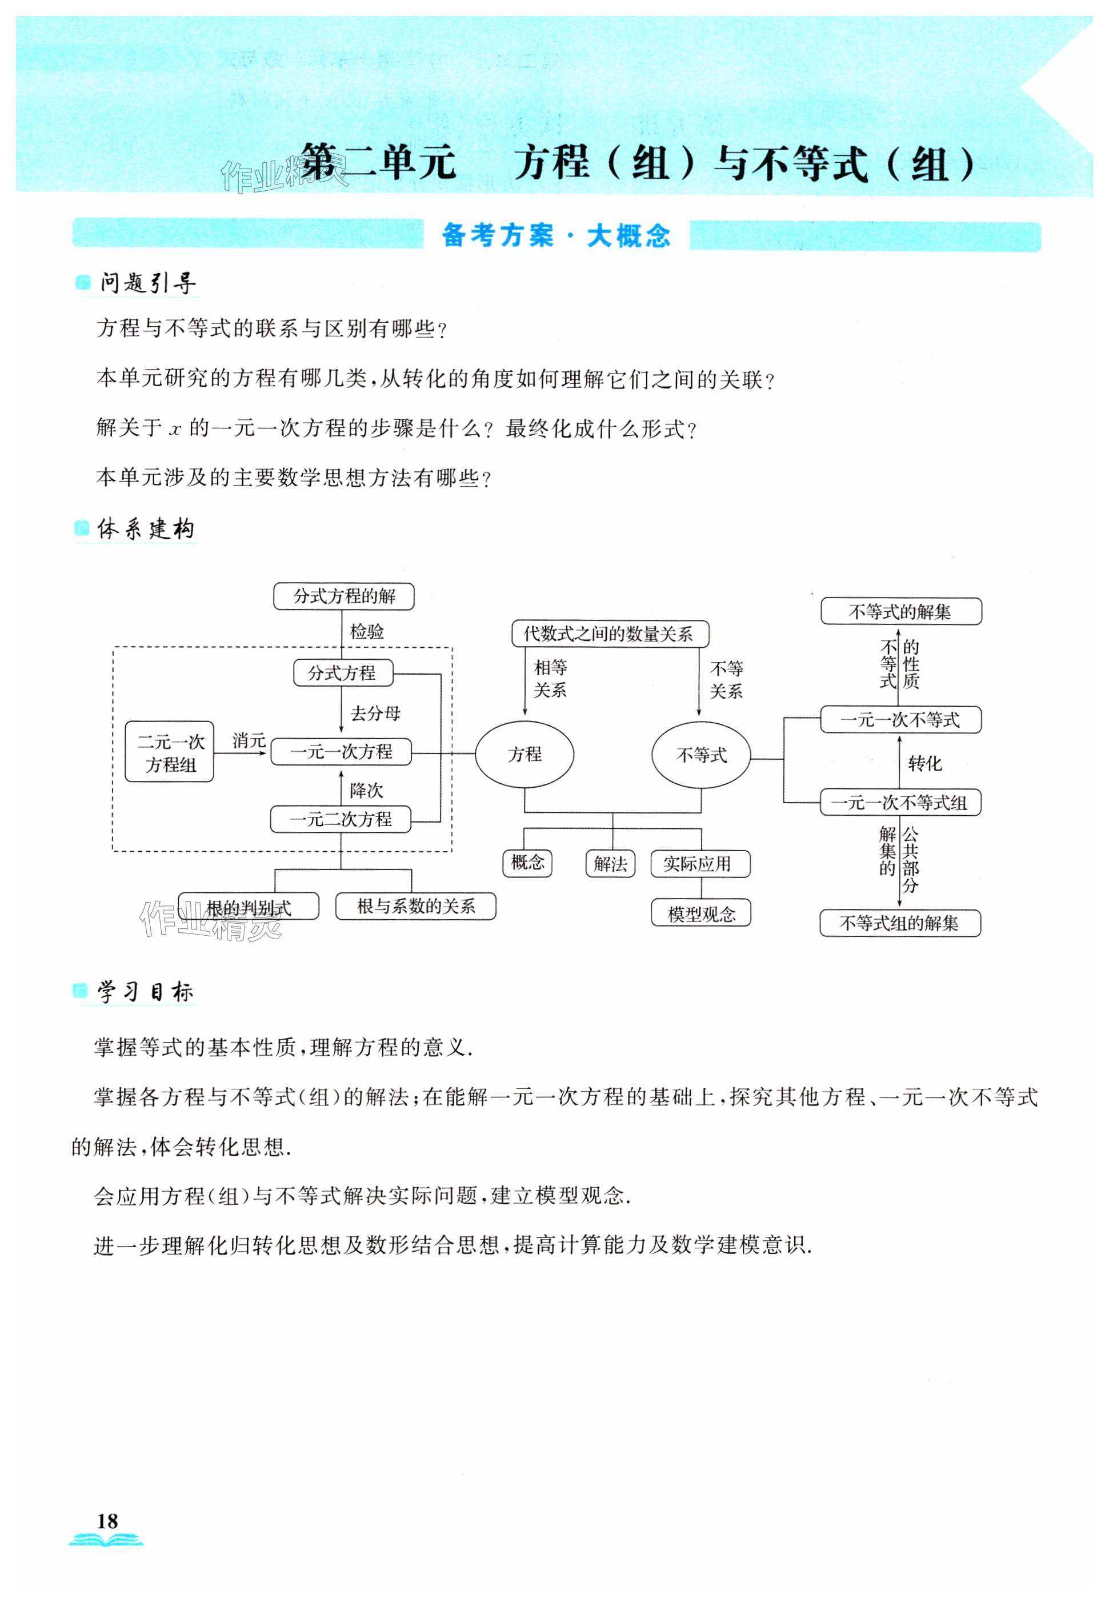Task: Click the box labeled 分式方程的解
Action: pos(343,596)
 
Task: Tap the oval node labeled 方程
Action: pos(524,754)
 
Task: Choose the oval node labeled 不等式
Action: pos(700,755)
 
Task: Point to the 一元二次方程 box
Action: pos(341,819)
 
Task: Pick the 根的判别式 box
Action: pos(249,907)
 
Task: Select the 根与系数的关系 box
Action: pos(415,906)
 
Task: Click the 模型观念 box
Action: pos(700,913)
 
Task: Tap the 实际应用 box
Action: pos(700,864)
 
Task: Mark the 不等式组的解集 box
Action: pos(899,923)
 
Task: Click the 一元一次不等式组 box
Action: pos(900,803)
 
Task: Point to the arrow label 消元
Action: pos(249,741)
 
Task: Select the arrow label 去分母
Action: pos(375,714)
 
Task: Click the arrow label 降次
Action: pos(366,791)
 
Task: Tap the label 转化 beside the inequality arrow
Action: pos(925,764)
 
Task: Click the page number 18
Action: pos(107,1521)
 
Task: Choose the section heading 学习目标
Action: pos(145,992)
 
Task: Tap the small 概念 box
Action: pos(527,863)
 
